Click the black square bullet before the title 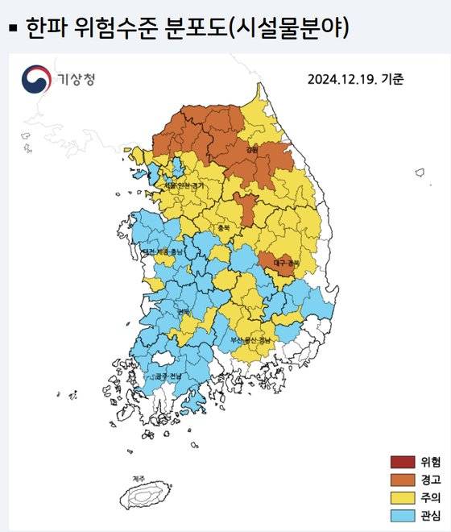tap(12, 29)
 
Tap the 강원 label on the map tap(251, 149)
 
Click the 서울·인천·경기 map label tap(184, 185)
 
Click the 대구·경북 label tap(285, 263)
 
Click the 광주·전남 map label tap(167, 376)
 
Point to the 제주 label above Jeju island tap(139, 479)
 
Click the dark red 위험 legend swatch tap(400, 462)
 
